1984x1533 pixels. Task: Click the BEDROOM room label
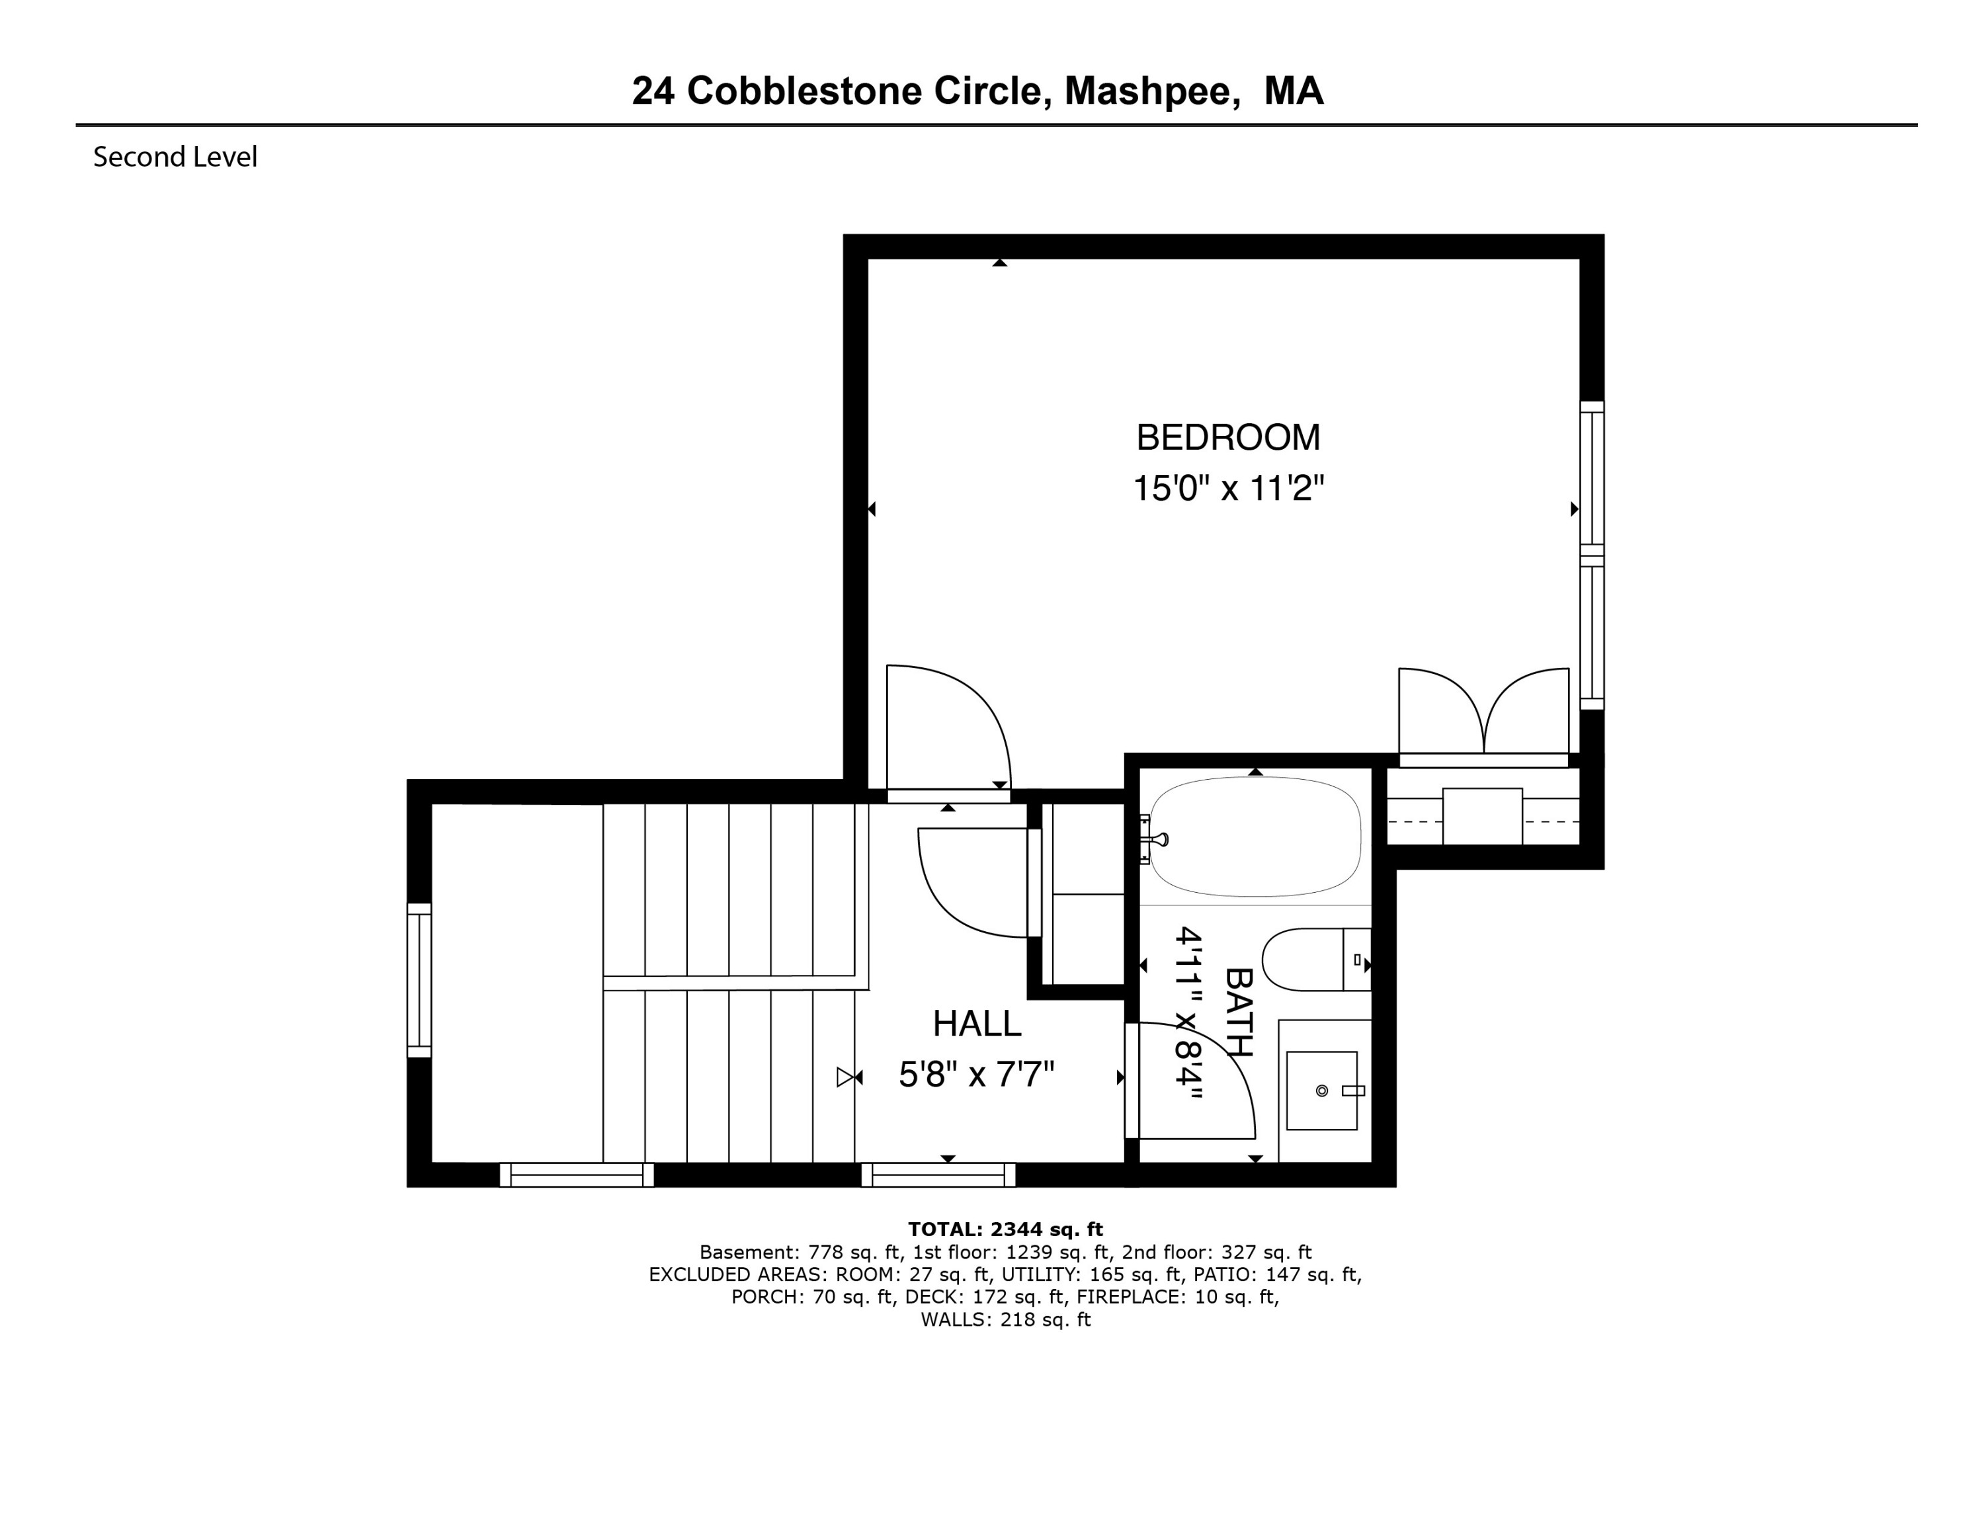[x=1227, y=438]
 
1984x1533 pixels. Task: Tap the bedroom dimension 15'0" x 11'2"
[x=1228, y=489]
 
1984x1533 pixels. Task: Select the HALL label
[x=977, y=1024]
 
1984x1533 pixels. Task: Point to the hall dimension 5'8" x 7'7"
[x=977, y=1075]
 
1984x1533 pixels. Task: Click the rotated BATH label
[x=1239, y=1013]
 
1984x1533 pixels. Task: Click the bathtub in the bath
[x=1255, y=837]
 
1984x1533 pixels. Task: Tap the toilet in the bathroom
[x=1316, y=960]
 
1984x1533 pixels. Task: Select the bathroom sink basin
[x=1322, y=1091]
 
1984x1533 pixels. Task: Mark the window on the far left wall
[x=419, y=981]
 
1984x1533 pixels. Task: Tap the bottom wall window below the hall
[x=938, y=1175]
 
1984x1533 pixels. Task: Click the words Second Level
[x=175, y=157]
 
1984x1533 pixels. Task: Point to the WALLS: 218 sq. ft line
[x=1006, y=1319]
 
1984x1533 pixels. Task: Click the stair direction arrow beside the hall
[x=849, y=1077]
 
